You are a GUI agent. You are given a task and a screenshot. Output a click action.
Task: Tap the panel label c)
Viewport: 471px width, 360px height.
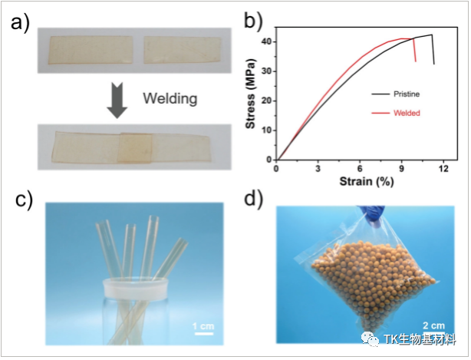(25, 200)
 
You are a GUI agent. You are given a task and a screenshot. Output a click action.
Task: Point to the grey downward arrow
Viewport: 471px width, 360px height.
(117, 101)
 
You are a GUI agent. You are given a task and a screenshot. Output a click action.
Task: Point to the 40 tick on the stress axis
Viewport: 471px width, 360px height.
(267, 41)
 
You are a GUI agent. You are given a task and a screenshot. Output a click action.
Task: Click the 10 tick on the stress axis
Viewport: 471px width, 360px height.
(267, 130)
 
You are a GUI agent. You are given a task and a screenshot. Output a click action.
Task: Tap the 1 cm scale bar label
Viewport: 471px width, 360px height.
(203, 325)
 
